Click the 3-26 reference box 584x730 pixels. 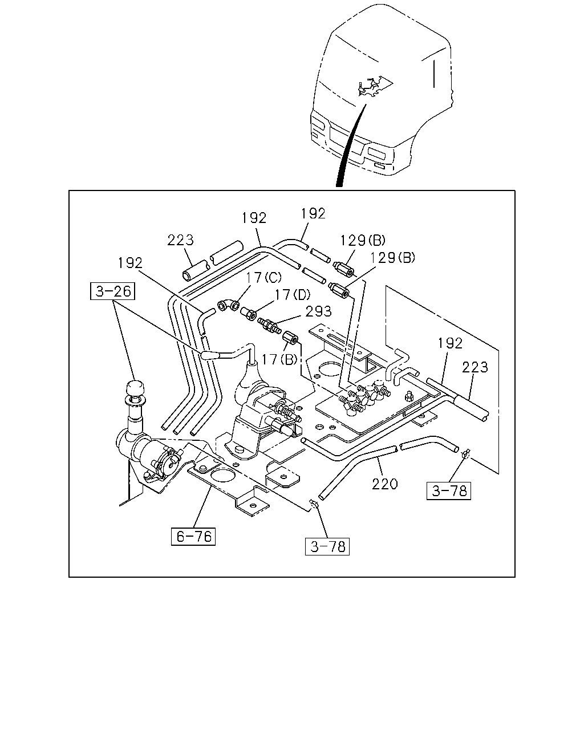(x=112, y=291)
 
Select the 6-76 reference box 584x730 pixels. (x=193, y=536)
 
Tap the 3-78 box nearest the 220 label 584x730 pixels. (x=449, y=491)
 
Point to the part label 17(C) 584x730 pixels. (x=263, y=278)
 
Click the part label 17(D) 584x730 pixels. (x=292, y=295)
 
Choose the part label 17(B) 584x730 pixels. (x=279, y=359)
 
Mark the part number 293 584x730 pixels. (x=318, y=311)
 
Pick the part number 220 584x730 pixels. (x=384, y=484)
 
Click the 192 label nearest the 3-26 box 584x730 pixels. (x=130, y=263)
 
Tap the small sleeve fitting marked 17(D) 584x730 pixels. (x=248, y=314)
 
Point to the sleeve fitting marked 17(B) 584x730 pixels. (x=290, y=338)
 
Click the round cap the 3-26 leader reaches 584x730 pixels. (x=135, y=387)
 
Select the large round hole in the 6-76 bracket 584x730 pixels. (x=222, y=475)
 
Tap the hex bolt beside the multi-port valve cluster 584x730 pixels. (x=409, y=396)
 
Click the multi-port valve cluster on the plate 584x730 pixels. (x=364, y=397)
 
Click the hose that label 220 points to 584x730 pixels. (x=356, y=471)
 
